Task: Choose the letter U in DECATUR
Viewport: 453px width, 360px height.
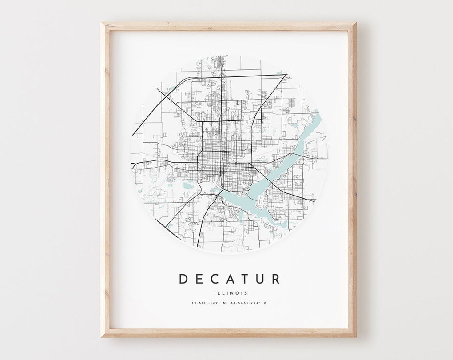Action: click(x=260, y=279)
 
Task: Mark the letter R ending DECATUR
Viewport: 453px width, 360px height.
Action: click(x=276, y=279)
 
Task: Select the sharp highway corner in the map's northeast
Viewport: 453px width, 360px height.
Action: click(x=286, y=75)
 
